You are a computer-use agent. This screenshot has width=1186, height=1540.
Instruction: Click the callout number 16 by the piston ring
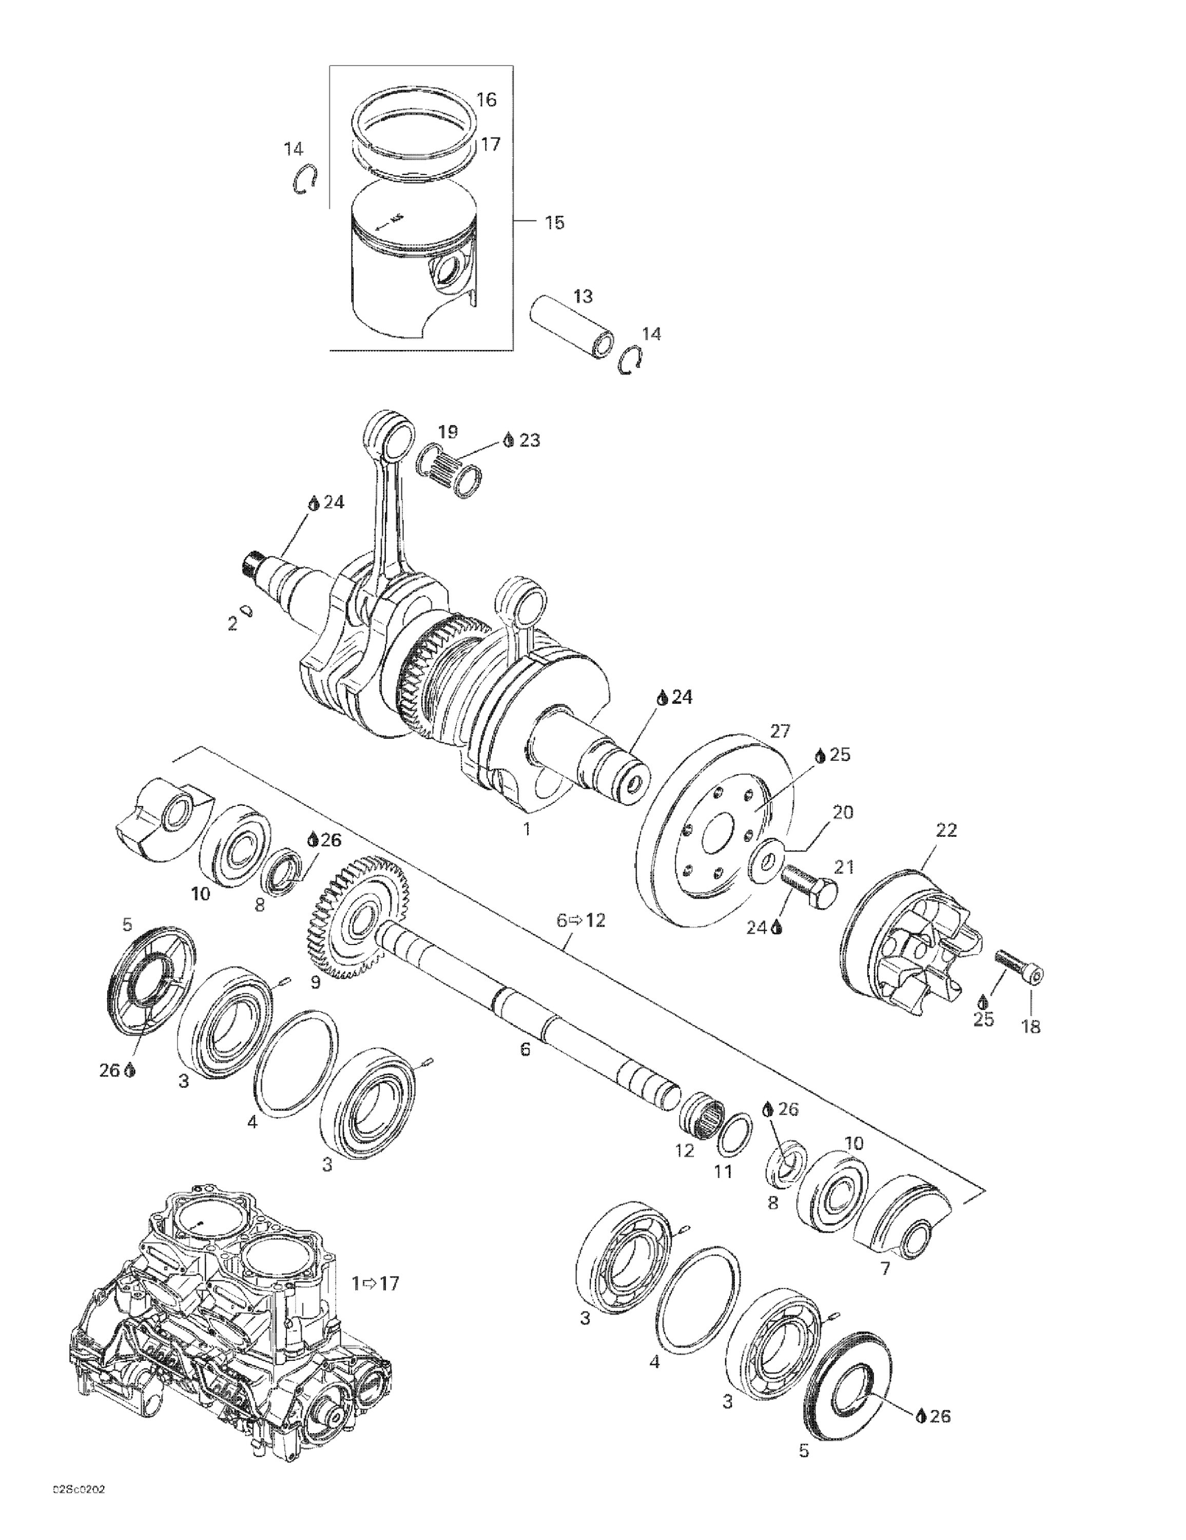[x=486, y=100]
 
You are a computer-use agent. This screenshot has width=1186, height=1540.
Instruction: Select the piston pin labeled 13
[x=572, y=327]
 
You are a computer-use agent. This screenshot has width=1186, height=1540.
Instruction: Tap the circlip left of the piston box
[x=305, y=179]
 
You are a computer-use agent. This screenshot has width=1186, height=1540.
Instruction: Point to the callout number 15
[x=554, y=223]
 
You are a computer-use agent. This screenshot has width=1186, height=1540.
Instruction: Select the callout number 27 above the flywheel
[x=781, y=730]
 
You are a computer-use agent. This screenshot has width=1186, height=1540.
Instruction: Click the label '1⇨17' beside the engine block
[x=376, y=1283]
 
